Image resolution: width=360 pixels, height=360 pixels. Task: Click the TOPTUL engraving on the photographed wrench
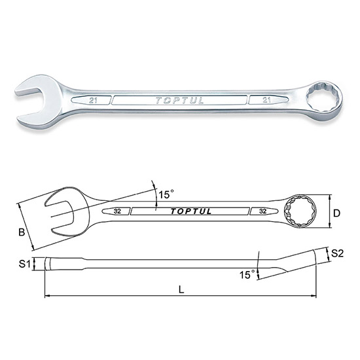click(179, 101)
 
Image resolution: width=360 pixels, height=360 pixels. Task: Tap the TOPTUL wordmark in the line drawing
click(190, 211)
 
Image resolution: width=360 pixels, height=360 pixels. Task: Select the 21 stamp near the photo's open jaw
click(93, 100)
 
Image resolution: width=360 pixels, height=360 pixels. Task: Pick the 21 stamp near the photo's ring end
click(266, 100)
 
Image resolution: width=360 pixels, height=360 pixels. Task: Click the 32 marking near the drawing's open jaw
click(117, 211)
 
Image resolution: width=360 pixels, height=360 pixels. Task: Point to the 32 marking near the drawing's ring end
click(262, 211)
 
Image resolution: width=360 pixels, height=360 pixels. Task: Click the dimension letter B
click(22, 232)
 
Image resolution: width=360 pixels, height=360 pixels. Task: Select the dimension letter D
click(336, 213)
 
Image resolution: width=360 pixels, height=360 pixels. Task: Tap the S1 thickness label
click(24, 264)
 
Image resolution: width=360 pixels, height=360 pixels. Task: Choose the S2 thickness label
click(337, 253)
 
